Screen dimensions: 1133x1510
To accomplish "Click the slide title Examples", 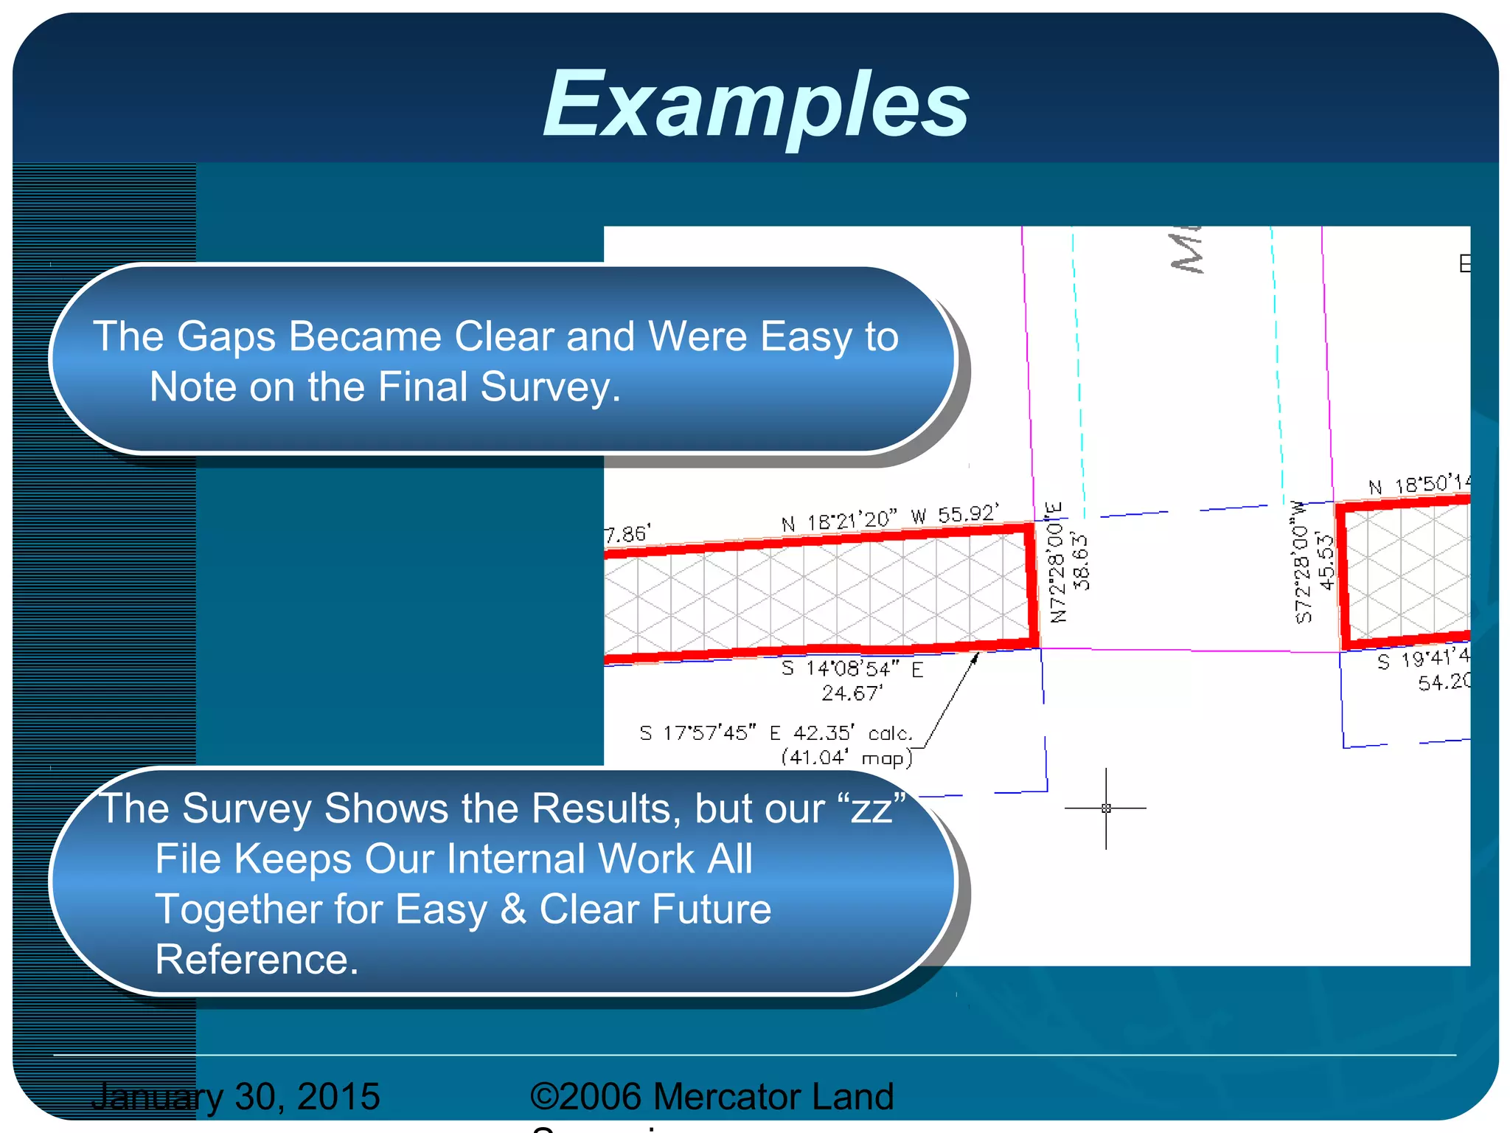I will click(756, 105).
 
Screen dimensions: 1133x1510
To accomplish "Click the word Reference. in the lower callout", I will click(257, 960).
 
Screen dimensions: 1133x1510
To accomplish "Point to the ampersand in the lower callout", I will click(513, 909).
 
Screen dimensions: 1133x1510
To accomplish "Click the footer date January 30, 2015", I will click(235, 1096).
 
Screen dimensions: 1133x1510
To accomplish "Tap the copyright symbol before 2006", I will click(543, 1096).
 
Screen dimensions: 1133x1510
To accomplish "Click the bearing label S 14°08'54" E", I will click(852, 669).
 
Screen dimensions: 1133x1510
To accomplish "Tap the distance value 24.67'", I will click(852, 693).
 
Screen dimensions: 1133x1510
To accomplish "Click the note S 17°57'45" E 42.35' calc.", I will click(776, 733).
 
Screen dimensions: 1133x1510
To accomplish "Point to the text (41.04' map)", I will click(846, 758).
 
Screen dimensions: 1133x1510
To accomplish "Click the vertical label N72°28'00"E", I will click(1057, 563).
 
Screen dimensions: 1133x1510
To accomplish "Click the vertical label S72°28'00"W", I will click(1302, 563).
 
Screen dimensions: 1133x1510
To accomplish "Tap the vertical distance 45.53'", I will click(1326, 562).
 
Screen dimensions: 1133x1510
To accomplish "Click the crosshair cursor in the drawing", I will click(1105, 808).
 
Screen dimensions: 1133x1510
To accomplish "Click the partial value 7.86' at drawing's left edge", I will click(627, 534).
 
